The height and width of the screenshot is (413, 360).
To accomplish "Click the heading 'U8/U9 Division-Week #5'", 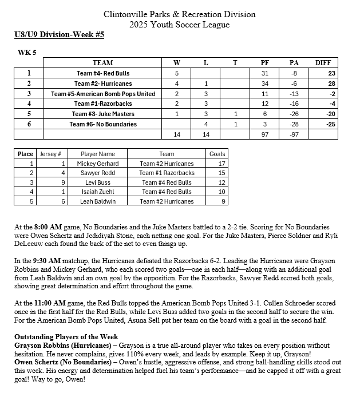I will (x=60, y=35).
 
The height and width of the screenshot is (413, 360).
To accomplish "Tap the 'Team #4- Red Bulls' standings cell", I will (x=103, y=73).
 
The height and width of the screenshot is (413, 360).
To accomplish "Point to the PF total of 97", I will (x=264, y=134).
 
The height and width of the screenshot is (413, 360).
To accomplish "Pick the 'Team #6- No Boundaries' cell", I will (x=103, y=124).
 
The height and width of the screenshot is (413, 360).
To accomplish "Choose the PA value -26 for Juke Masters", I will (x=294, y=114).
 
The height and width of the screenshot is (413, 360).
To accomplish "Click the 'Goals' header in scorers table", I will (x=217, y=154).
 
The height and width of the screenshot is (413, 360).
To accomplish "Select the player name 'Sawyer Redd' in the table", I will (x=98, y=173).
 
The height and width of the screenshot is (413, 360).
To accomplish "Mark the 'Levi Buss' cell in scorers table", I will (x=98, y=182).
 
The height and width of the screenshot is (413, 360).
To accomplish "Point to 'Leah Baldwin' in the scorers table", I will (x=98, y=201).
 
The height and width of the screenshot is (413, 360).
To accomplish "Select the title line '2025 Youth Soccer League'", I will (x=180, y=25).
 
